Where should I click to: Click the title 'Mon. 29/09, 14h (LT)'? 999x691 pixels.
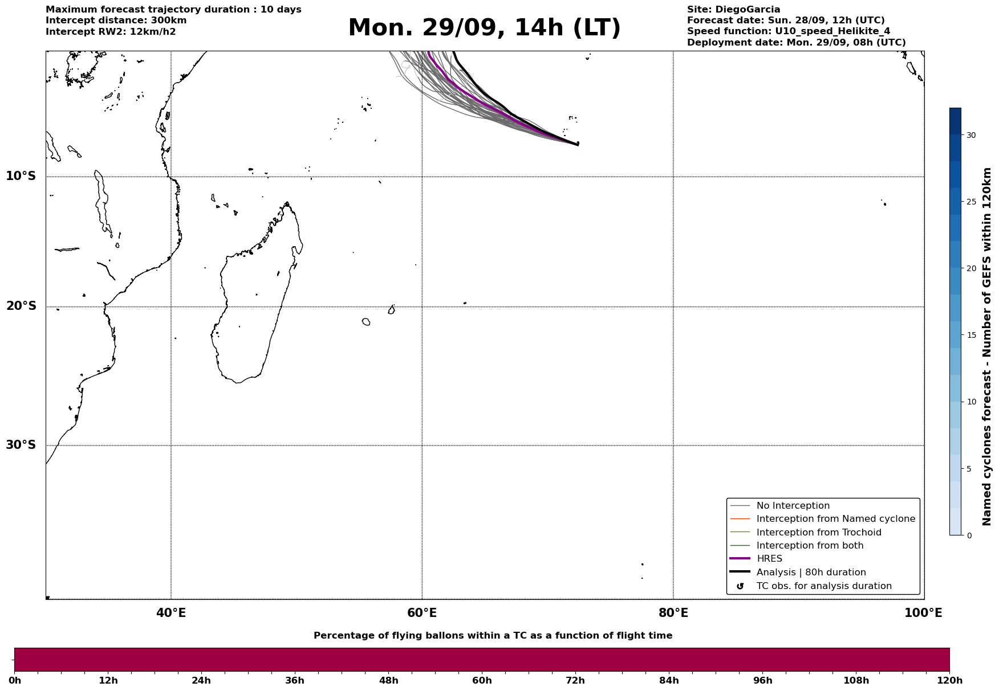tap(484, 28)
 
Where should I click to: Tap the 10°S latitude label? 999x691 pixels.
tap(21, 176)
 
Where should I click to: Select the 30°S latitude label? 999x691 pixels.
tap(21, 445)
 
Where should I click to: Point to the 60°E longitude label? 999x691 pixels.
tap(422, 613)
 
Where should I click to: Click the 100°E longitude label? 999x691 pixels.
tap(923, 613)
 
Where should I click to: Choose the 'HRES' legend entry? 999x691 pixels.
tap(769, 559)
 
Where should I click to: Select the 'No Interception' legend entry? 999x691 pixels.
tap(793, 506)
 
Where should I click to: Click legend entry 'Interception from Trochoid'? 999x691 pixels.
tap(818, 533)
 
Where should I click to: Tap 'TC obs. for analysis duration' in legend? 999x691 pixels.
tap(823, 586)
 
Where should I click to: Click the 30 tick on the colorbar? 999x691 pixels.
tap(970, 135)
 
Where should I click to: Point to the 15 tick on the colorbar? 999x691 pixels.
tap(970, 335)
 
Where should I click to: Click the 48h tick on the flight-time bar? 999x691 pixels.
tap(389, 680)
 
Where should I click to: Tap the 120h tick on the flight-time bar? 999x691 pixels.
tap(949, 680)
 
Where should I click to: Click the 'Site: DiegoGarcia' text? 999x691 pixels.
tap(733, 10)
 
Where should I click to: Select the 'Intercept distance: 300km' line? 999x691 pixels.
tap(116, 21)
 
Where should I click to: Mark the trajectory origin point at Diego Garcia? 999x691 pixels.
tap(578, 144)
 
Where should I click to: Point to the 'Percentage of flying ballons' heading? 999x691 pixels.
tap(493, 636)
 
